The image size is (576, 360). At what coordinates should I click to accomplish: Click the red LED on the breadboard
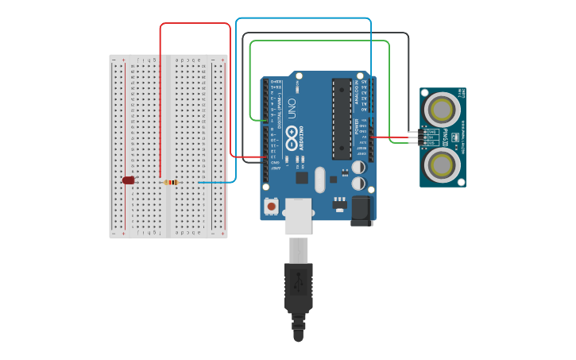pos(129,180)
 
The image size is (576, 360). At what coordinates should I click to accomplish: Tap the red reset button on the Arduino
pos(272,207)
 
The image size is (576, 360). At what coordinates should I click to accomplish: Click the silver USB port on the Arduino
pos(299,215)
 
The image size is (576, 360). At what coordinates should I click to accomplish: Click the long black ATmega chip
pos(342,118)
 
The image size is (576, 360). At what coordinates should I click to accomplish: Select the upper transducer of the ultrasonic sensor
pos(442,109)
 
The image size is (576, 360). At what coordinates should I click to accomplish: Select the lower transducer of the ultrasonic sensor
pos(442,164)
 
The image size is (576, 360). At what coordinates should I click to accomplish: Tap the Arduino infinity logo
pos(292,141)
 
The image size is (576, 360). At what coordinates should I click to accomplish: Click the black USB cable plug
pos(299,286)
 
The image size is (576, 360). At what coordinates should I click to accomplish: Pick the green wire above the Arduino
pos(318,41)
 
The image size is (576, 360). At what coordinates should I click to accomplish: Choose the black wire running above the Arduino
pos(326,33)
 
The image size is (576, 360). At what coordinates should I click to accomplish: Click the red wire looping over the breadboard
pos(195,23)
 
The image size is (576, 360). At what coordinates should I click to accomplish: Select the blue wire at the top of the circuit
pos(302,17)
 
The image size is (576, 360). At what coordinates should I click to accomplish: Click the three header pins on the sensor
pos(421,137)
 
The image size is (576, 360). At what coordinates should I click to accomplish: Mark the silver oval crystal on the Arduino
pos(320,180)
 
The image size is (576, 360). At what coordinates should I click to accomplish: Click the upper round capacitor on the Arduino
pos(359,168)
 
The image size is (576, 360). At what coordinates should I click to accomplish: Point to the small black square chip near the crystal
pos(302,178)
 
